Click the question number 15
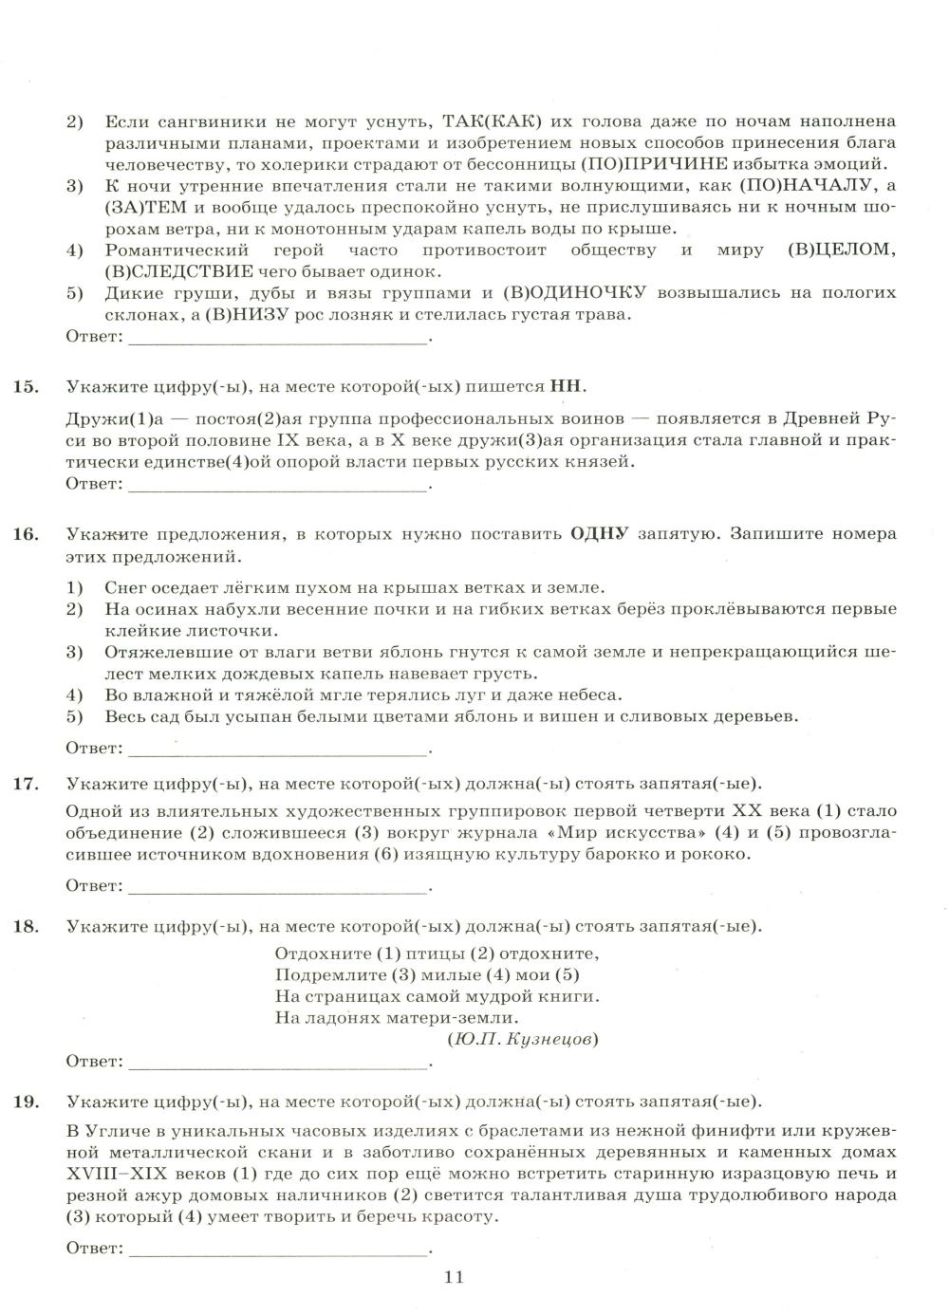pos(26,386)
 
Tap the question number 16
pos(26,534)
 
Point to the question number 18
pos(26,926)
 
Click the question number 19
pos(26,1102)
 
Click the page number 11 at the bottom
pos(453,1277)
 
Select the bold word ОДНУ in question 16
pos(599,534)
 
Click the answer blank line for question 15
pos(278,489)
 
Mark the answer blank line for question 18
pos(278,1066)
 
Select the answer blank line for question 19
pos(278,1253)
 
